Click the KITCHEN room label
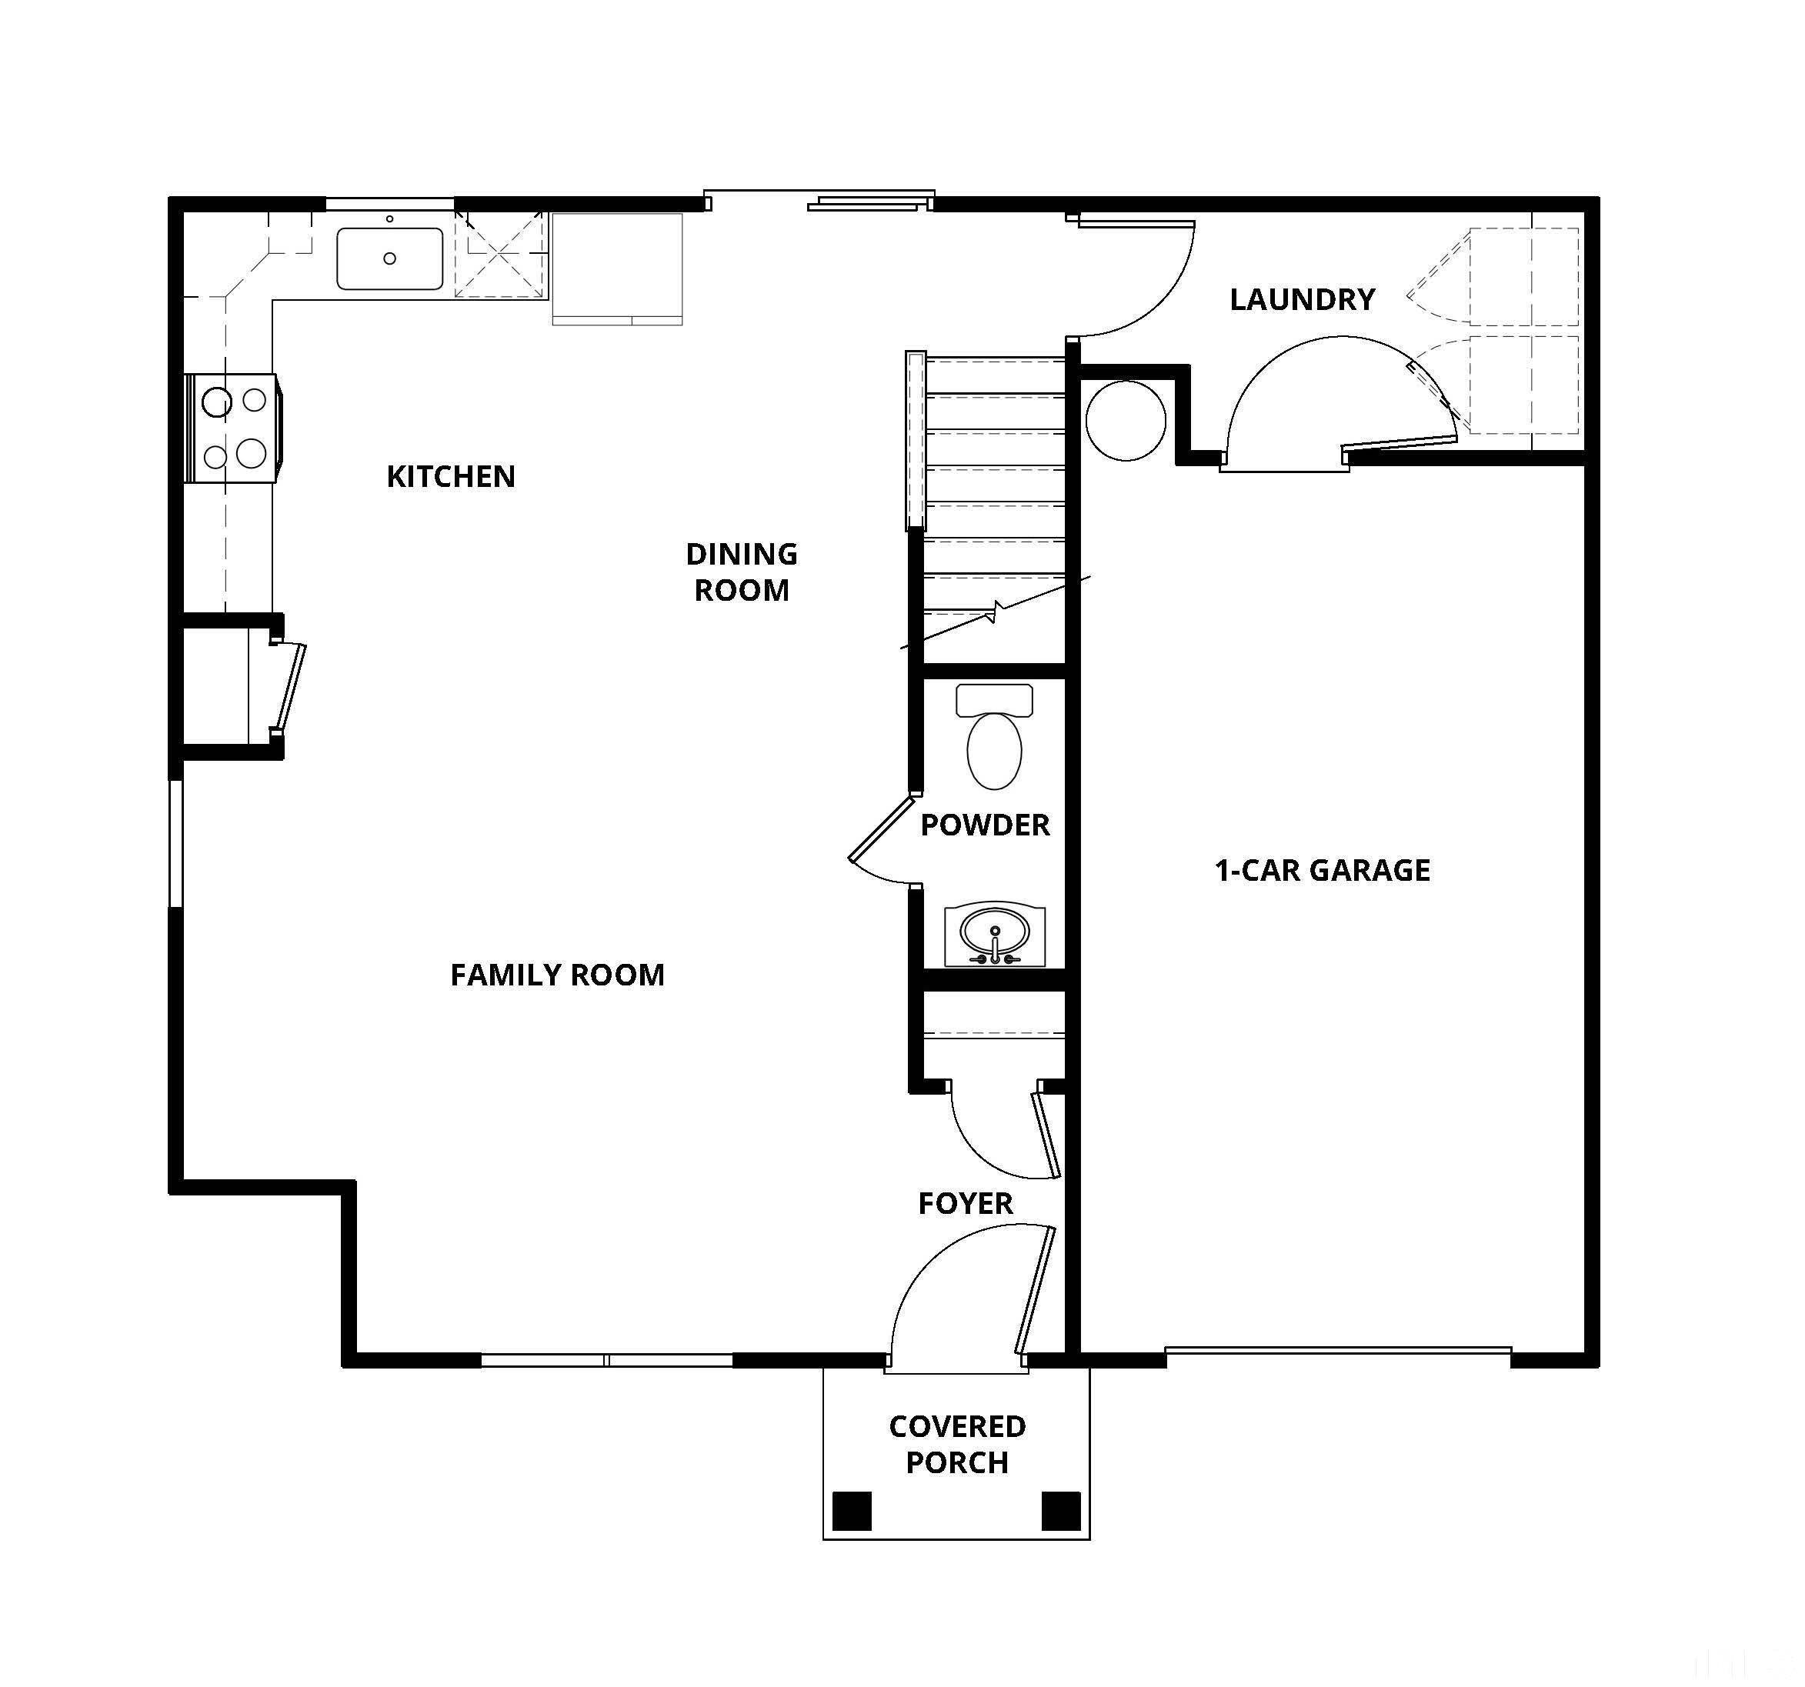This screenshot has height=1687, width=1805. pos(450,477)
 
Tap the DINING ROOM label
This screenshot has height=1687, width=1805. pos(741,572)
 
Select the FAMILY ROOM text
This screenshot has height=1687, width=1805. pos(558,975)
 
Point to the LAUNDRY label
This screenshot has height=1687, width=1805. pos(1302,299)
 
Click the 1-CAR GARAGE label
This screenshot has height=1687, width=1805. pos(1322,871)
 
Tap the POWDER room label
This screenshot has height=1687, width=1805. pos(985,825)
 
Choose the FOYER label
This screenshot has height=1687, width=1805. pos(965,1204)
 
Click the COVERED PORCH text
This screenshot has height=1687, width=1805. pos(957,1445)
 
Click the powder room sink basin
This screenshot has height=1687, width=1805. pos(995,932)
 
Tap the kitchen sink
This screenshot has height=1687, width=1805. pos(389,258)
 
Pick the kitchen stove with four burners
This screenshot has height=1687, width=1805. pos(232,428)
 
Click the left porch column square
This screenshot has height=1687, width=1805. pos(852,1511)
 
